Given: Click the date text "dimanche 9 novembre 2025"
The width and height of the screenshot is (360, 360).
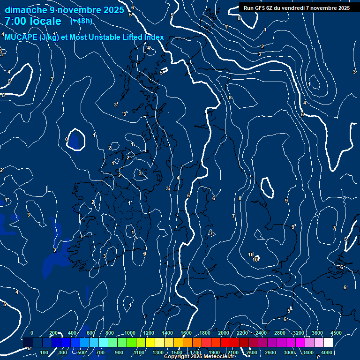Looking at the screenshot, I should pos(64,10).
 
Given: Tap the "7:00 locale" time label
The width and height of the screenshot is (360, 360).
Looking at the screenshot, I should pos(33,21).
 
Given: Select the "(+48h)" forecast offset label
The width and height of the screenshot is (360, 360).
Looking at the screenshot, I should pos(81,21).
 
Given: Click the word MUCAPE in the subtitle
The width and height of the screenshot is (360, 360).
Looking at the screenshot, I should pos(21,37).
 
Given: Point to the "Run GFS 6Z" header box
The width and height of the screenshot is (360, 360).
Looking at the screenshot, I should pos(296,7).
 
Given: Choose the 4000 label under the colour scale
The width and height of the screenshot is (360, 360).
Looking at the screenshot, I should pos(327,352).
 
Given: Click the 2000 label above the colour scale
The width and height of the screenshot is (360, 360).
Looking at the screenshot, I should pos(223,333).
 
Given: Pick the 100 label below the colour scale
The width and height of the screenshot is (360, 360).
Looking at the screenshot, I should pos(45,352).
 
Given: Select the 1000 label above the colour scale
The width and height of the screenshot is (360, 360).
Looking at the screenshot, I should pos(130,333).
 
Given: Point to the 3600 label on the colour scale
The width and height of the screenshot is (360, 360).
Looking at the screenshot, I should pos(317,333).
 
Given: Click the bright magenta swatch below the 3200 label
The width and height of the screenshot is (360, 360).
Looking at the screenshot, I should pos(300,343).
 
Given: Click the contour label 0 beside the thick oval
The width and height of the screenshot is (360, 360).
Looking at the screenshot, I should pos(67,140).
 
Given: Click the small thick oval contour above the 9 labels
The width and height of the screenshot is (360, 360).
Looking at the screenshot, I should pos(268,187).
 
